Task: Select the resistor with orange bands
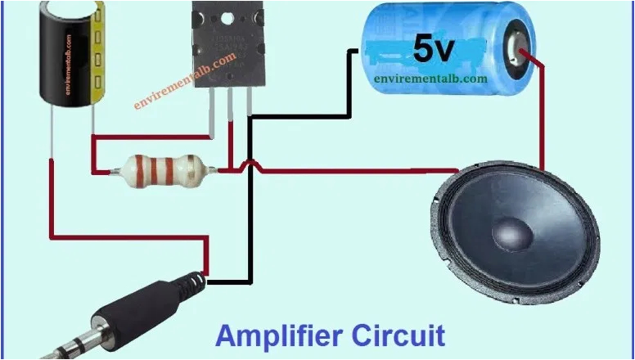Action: pyautogui.click(x=164, y=169)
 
